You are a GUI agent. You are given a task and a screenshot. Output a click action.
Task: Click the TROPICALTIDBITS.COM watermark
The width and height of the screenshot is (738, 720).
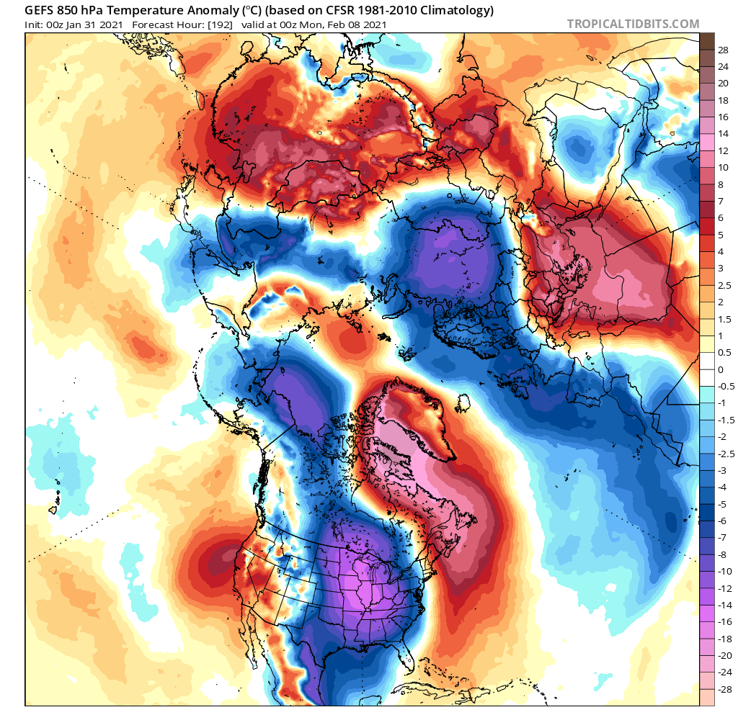pyautogui.click(x=633, y=24)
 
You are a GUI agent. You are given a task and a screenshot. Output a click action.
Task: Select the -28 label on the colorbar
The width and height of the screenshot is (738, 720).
pyautogui.click(x=723, y=688)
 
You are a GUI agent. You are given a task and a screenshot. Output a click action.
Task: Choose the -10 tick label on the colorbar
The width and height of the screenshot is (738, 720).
pyautogui.click(x=723, y=571)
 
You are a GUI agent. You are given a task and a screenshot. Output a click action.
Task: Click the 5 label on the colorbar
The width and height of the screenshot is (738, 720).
pyautogui.click(x=721, y=235)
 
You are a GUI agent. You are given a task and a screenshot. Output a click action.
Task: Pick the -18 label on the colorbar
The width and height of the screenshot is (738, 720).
pyautogui.click(x=723, y=638)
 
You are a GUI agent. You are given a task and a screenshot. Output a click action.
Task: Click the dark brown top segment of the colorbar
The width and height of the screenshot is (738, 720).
pyautogui.click(x=707, y=41)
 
